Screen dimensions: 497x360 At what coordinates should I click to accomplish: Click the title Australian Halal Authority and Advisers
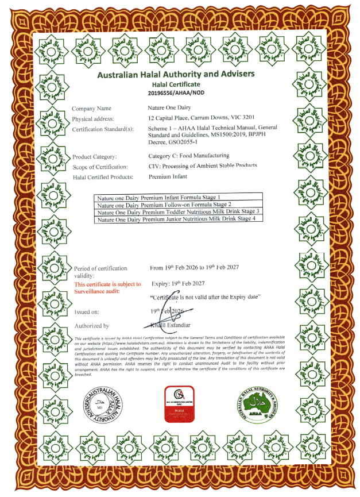point(176,74)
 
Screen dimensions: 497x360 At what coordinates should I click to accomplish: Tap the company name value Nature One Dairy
point(173,107)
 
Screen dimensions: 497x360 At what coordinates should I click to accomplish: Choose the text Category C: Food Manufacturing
point(189,156)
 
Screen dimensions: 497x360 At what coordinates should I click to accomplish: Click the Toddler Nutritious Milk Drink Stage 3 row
point(179,212)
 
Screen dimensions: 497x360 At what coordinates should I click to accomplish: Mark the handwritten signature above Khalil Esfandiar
point(172,313)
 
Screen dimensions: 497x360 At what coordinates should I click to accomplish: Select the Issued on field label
point(87,312)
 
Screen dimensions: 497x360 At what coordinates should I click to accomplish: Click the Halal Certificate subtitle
point(176,84)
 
